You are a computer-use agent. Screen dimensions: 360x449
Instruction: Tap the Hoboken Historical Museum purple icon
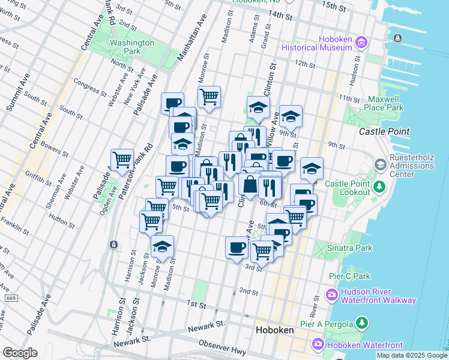(361, 42)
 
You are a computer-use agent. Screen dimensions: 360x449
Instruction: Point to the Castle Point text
(384, 131)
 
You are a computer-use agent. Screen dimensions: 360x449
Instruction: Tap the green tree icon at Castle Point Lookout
(379, 187)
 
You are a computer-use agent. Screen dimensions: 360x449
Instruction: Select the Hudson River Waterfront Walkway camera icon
(331, 295)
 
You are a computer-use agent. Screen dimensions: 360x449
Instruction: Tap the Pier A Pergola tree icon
(361, 324)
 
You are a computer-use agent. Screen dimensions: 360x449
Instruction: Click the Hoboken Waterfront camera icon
(318, 344)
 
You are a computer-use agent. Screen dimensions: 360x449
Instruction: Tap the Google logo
(20, 353)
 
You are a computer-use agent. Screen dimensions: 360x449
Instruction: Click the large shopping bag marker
(250, 185)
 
